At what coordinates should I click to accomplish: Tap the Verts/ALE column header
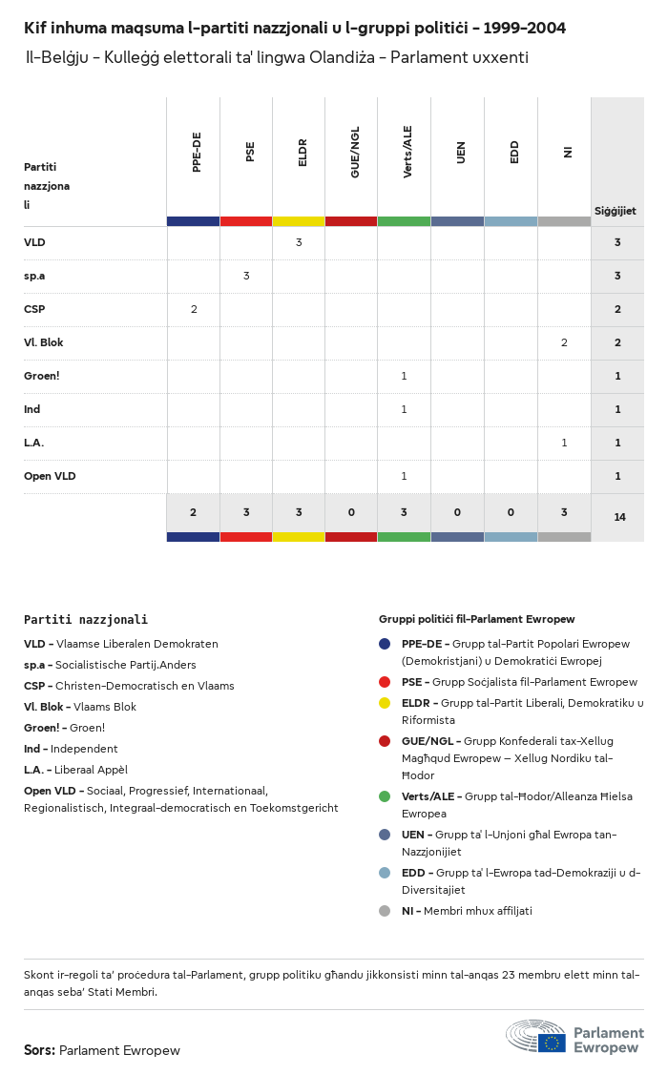point(407,153)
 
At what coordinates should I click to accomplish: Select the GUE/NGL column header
point(355,153)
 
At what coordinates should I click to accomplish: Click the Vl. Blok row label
point(44,342)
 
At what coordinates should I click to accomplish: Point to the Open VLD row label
point(50,476)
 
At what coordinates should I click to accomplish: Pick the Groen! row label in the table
point(42,376)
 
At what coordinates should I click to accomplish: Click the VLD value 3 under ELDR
point(299,242)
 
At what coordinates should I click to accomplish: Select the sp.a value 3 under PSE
point(246,276)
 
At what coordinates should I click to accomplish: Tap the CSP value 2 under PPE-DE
point(194,309)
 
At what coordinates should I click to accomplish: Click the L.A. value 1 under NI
point(564,443)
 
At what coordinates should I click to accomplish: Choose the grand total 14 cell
point(619,517)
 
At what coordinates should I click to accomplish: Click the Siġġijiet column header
point(616,211)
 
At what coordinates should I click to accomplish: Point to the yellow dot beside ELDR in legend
point(385,703)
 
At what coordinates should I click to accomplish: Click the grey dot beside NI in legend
point(385,911)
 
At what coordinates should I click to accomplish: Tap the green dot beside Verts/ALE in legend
point(385,796)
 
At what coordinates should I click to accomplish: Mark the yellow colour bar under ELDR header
point(299,221)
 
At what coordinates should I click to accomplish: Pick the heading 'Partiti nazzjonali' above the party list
point(86,619)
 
